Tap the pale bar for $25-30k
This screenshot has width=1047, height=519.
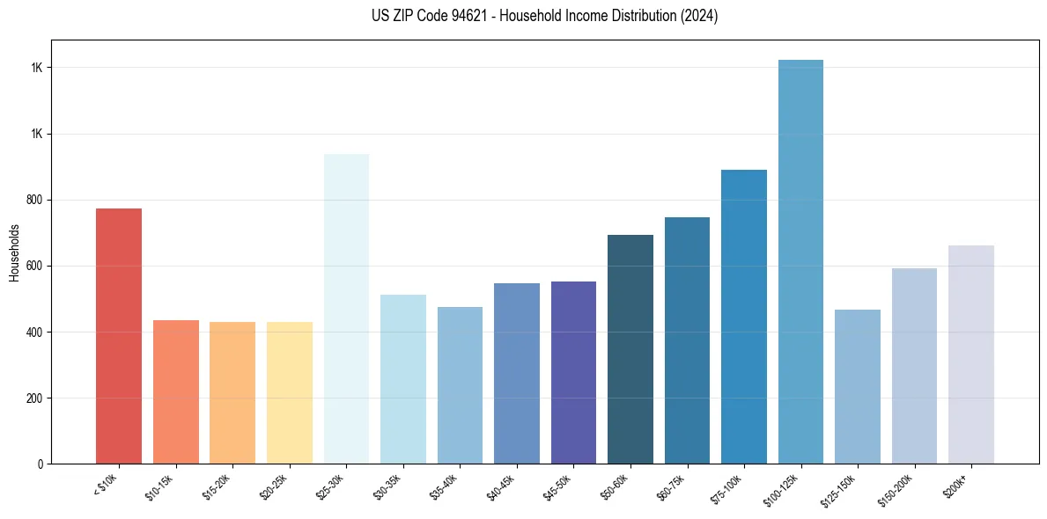coord(346,309)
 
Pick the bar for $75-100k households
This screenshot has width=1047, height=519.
coord(744,317)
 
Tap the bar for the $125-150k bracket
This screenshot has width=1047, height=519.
coord(858,386)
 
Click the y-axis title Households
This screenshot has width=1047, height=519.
coord(14,252)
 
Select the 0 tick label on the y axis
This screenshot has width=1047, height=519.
coord(41,464)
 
